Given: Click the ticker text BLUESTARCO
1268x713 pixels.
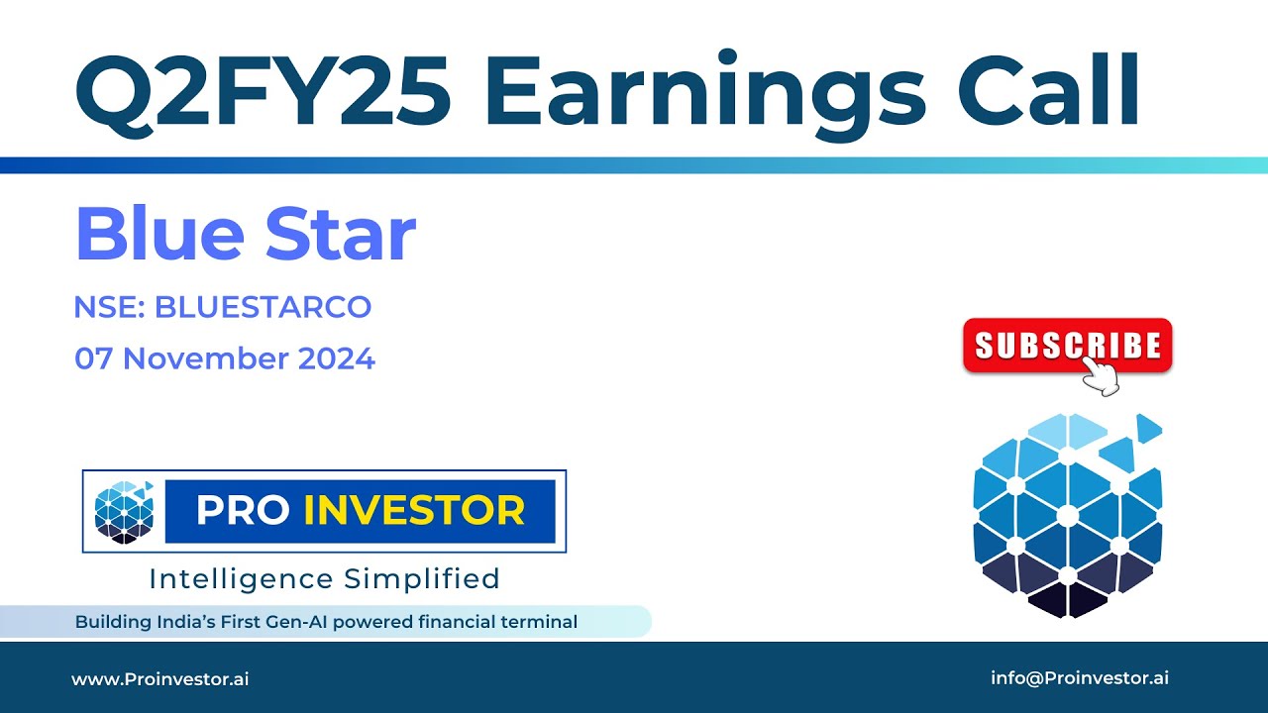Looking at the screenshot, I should click(x=263, y=307).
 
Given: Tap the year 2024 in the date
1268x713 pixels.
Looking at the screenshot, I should click(x=337, y=358).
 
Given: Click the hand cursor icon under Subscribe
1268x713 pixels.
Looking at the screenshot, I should click(x=1100, y=376).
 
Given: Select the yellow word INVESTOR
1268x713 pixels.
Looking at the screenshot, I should click(x=414, y=511).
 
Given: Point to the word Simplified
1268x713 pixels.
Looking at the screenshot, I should click(x=421, y=578).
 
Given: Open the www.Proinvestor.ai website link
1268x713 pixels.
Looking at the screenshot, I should click(x=159, y=678).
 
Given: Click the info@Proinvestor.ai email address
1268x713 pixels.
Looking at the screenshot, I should click(x=1080, y=678).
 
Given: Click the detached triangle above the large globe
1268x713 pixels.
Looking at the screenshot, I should click(x=1148, y=428).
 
